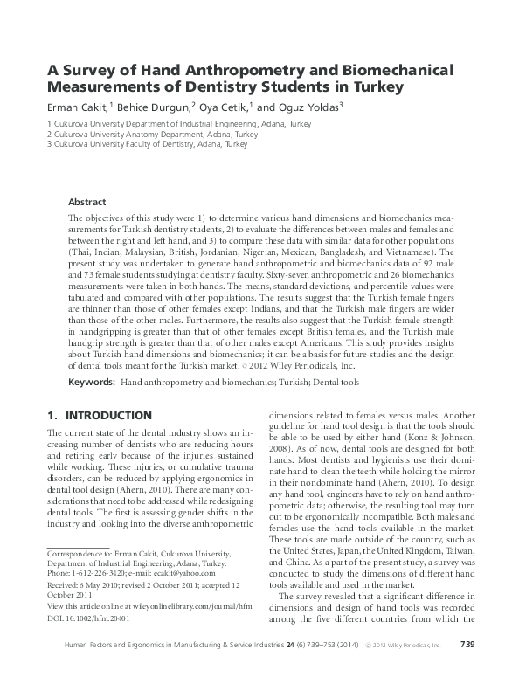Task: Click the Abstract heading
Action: pyautogui.click(x=86, y=200)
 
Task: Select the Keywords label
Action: pyautogui.click(x=91, y=359)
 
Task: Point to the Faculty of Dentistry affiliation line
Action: pyautogui.click(x=148, y=144)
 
